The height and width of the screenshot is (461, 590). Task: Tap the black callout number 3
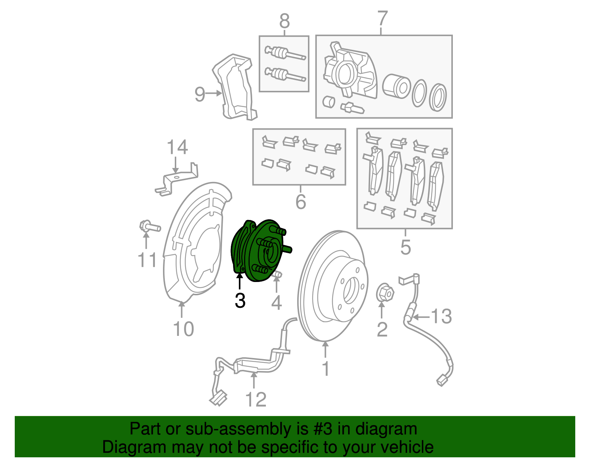coord(240,301)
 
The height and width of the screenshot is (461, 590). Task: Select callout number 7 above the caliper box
coord(383,19)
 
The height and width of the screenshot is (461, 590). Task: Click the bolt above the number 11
coord(149,226)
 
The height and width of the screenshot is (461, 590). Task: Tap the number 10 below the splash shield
coord(183,329)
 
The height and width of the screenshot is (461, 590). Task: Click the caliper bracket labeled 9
coord(236,89)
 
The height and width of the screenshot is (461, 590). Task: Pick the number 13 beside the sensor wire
coord(441,317)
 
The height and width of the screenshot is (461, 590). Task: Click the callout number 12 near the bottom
coord(256,400)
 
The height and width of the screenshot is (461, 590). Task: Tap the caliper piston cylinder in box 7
coord(396,87)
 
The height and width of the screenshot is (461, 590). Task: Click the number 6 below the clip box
coord(301,202)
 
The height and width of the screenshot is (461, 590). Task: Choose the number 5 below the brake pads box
coord(405,247)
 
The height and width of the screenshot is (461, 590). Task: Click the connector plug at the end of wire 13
coord(441,381)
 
